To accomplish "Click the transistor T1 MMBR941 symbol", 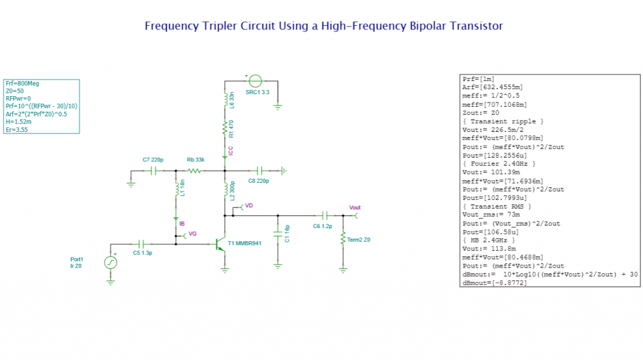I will click(x=220, y=244).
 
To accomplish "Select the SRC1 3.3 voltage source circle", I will click(x=255, y=81).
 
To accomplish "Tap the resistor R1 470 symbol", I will click(x=224, y=129).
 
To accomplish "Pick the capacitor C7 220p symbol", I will click(x=154, y=170).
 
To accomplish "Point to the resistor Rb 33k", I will click(x=195, y=170).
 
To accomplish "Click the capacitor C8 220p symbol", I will click(x=259, y=170).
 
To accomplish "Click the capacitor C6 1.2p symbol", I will click(x=325, y=215).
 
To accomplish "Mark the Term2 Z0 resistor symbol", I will click(x=343, y=239).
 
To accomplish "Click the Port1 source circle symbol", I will click(x=111, y=263).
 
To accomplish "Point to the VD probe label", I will click(x=249, y=205).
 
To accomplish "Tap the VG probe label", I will click(x=192, y=234).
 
